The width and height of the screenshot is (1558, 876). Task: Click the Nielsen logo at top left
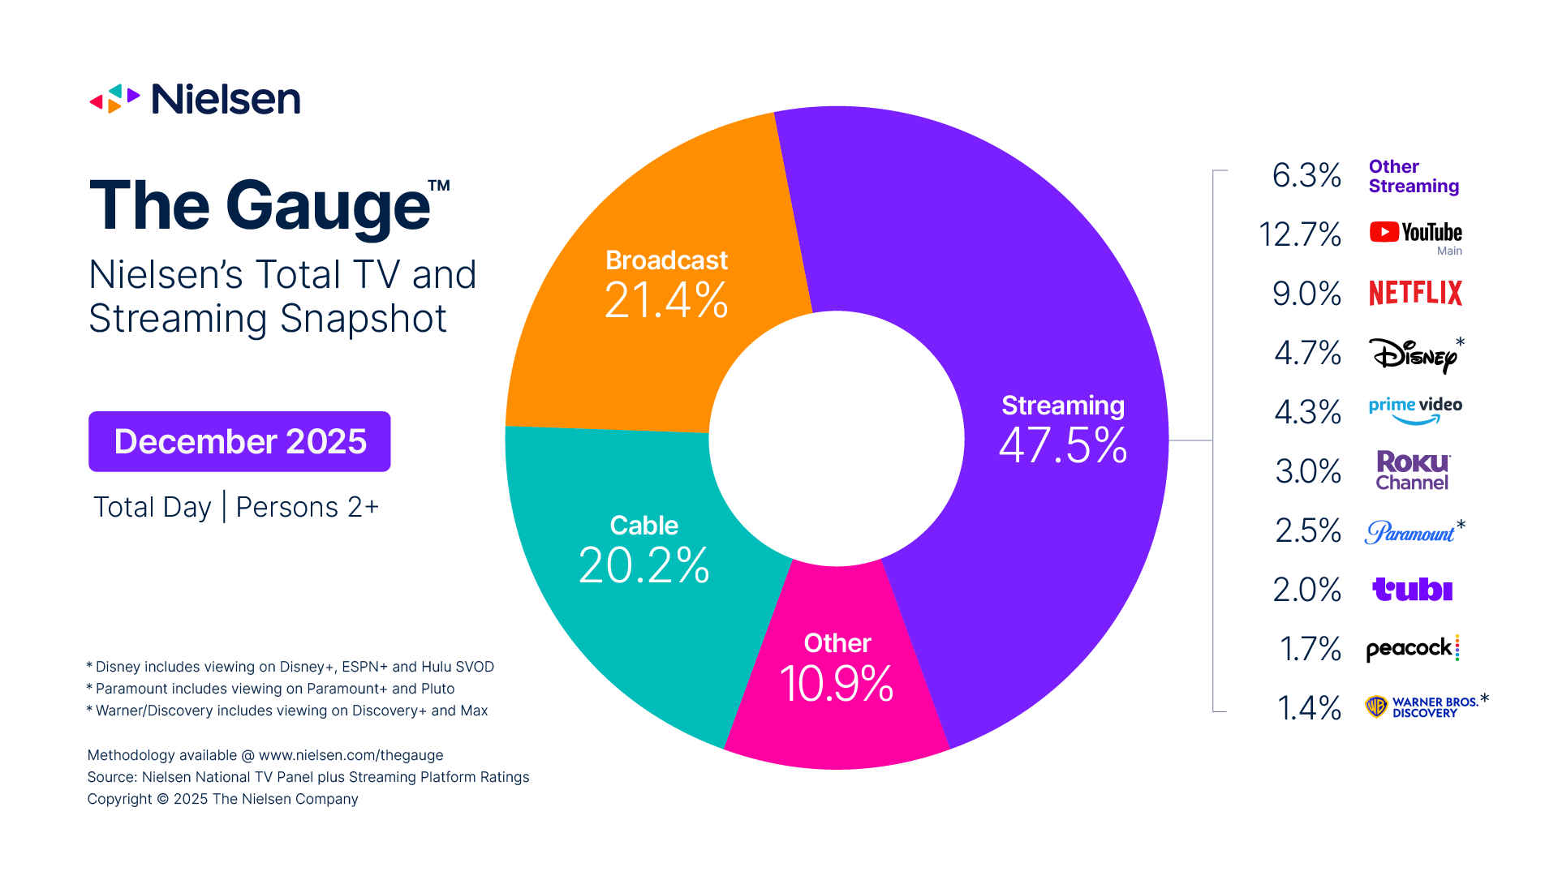coord(195,99)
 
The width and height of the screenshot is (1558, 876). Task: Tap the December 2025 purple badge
coord(239,441)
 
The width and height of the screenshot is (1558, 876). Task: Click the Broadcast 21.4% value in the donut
coord(666,300)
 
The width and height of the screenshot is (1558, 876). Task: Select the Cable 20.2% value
coord(643,565)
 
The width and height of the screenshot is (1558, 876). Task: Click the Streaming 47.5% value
coord(1062,445)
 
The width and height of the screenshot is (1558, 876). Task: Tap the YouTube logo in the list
coord(1415,233)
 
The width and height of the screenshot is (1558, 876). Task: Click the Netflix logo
coord(1415,293)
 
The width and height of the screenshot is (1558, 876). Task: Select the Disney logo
coord(1414,354)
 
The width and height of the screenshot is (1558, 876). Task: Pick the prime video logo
coord(1415,410)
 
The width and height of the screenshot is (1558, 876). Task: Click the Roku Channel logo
coord(1412,470)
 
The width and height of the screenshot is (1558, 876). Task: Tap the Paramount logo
coord(1410,532)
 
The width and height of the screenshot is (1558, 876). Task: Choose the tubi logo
coord(1412,589)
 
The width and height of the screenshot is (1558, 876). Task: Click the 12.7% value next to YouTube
coord(1299,234)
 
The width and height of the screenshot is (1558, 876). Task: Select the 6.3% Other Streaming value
coord(1306,175)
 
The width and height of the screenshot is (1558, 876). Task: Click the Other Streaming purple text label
coord(1413,176)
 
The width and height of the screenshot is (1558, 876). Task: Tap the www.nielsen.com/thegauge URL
coord(351,755)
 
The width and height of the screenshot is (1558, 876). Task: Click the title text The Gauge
coord(260,206)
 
